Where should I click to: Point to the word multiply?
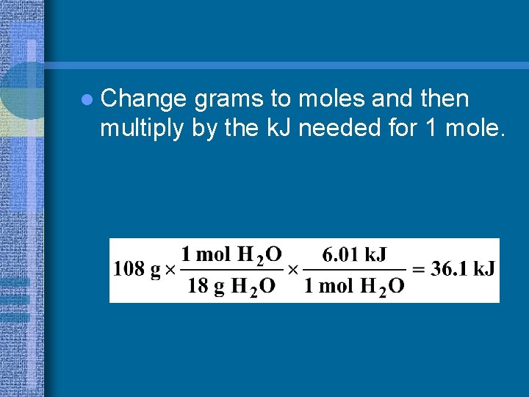[x=138, y=129]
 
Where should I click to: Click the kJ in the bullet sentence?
[x=276, y=128]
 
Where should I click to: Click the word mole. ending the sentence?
[x=477, y=128]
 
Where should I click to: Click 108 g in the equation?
[x=137, y=269]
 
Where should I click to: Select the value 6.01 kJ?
[x=355, y=255]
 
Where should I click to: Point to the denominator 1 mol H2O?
[x=353, y=285]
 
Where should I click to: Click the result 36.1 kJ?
[x=463, y=269]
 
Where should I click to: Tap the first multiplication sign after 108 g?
[x=170, y=270]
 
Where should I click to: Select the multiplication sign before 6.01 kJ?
[x=292, y=270]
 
